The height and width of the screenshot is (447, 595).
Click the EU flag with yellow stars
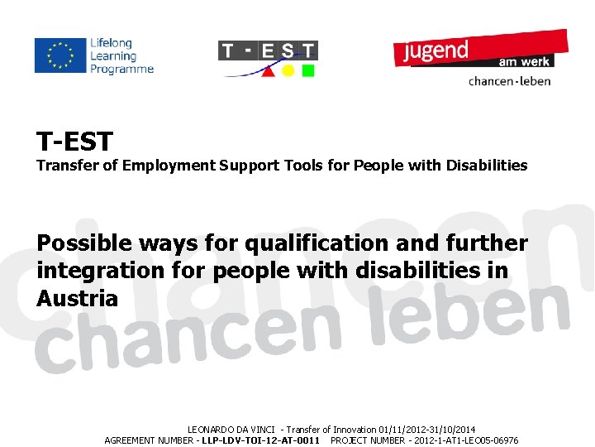60,55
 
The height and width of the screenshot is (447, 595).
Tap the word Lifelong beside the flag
112,43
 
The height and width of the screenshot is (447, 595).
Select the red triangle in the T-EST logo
269,70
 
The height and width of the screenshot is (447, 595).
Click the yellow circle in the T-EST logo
288,70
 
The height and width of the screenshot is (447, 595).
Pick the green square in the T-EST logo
308,70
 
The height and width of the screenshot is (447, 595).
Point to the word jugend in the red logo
436,50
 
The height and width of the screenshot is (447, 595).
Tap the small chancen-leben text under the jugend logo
509,81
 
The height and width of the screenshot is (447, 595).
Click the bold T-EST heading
74,140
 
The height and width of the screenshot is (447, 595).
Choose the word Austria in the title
78,298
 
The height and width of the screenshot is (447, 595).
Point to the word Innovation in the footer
354,430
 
